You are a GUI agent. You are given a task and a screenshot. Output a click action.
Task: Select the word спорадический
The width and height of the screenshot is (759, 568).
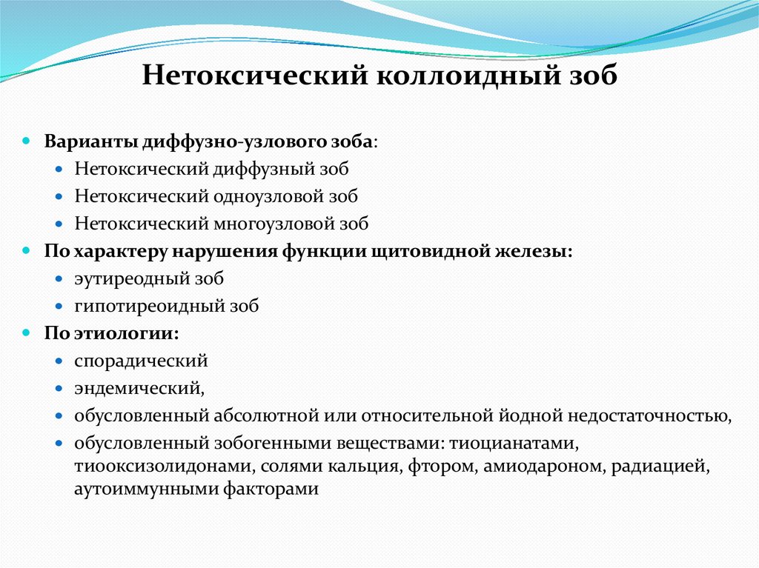141,361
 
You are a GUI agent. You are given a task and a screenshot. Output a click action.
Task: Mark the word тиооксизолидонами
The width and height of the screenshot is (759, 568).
155,467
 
